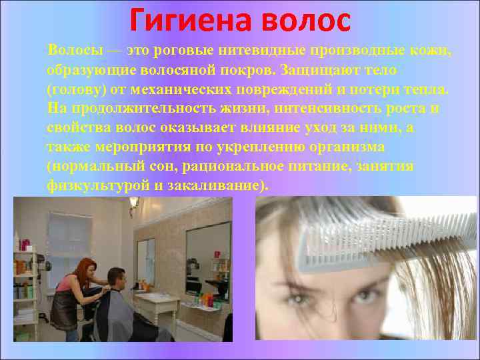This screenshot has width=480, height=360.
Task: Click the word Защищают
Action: click(316, 70)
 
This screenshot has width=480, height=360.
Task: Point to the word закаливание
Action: click(212, 185)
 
